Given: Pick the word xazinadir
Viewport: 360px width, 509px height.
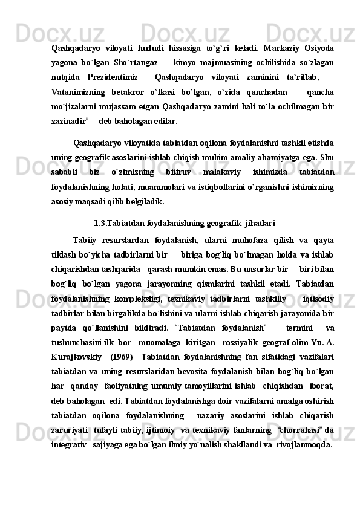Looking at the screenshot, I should click(x=70, y=121).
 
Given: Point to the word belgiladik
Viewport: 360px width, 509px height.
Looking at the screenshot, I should click(x=144, y=202).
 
